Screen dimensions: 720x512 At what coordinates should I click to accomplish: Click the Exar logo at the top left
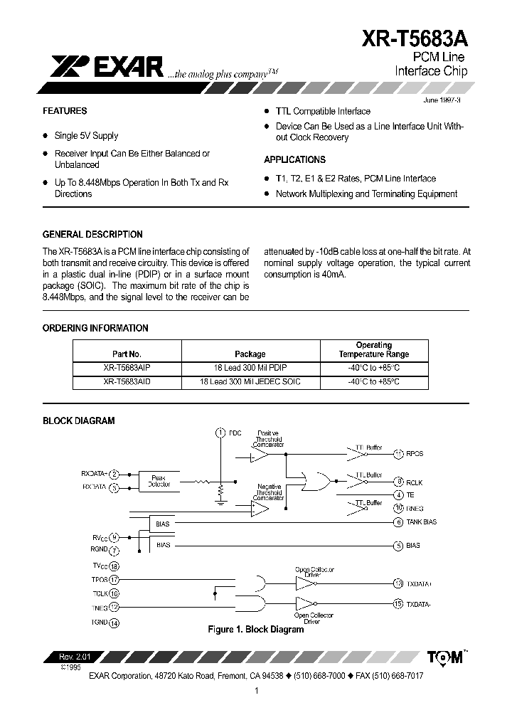tap(107, 67)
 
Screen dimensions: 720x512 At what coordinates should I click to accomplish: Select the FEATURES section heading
tap(65, 111)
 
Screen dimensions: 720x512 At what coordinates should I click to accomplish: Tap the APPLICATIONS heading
tap(294, 160)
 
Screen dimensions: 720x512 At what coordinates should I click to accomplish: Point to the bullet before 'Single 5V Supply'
tap(46, 136)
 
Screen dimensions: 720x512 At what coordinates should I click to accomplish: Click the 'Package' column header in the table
tap(250, 354)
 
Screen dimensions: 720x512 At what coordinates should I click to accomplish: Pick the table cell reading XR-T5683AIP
tap(127, 369)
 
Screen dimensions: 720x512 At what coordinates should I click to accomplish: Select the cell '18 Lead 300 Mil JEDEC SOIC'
tap(250, 382)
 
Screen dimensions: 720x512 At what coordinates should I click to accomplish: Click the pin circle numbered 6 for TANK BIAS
tap(399, 522)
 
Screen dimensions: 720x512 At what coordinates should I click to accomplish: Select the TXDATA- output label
tap(420, 604)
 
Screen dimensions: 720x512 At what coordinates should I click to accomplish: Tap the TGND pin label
tap(99, 623)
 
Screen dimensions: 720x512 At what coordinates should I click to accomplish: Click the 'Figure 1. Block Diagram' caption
tap(255, 630)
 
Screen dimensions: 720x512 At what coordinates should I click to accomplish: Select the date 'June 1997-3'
tap(442, 100)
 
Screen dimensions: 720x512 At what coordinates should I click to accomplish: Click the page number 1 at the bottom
tap(256, 690)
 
